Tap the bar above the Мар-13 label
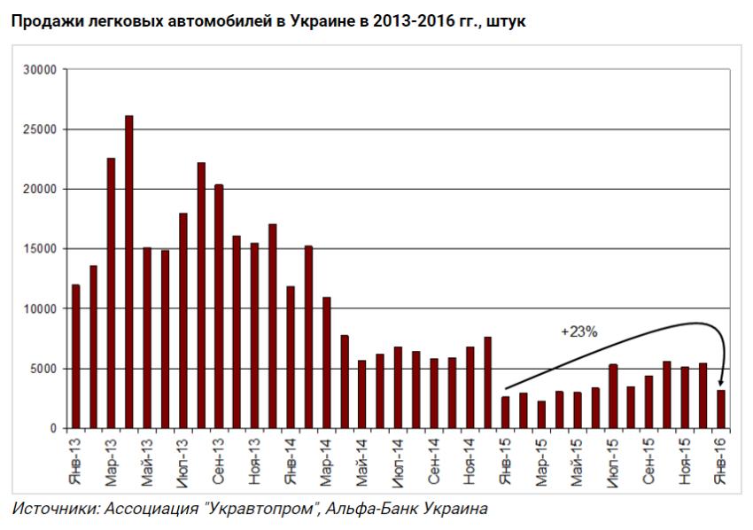[112, 293]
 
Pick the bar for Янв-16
[721, 409]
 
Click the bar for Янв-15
[506, 413]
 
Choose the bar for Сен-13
[219, 307]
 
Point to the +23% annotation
[579, 332]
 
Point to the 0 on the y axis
[52, 429]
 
